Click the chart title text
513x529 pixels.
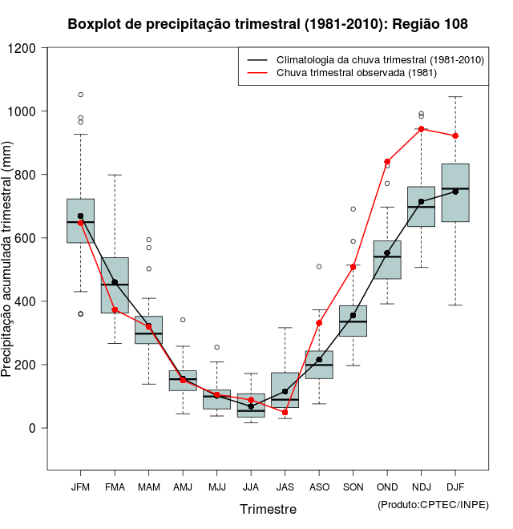tap(268, 25)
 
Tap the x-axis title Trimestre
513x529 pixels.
tap(268, 509)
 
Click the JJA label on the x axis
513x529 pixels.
tap(251, 487)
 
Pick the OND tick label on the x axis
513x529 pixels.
tap(387, 487)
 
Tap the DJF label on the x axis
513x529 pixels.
tap(455, 487)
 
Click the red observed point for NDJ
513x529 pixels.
tap(421, 129)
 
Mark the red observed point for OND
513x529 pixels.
tap(387, 162)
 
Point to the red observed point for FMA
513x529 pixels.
tap(115, 309)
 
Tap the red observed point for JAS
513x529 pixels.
tap(285, 412)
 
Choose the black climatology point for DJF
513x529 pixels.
tap(455, 192)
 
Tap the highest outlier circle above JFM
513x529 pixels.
tap(80, 95)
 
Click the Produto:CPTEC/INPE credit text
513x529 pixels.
tap(433, 504)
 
